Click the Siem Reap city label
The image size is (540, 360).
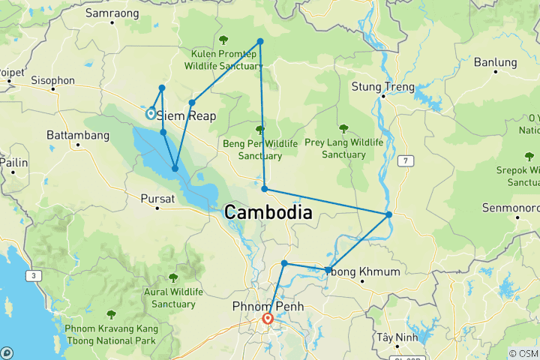pyautogui.click(x=186, y=116)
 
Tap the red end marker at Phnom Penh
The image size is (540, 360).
pyautogui.click(x=268, y=319)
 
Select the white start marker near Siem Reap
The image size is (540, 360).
pyautogui.click(x=151, y=114)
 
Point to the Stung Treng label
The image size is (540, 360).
pyautogui.click(x=382, y=87)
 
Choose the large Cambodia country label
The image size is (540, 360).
pyautogui.click(x=268, y=213)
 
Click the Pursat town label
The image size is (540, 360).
pyautogui.click(x=157, y=199)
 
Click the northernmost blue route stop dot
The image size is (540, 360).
pyautogui.click(x=260, y=41)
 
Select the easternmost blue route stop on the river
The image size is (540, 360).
pyautogui.click(x=388, y=215)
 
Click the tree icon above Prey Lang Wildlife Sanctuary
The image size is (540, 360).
pyautogui.click(x=343, y=128)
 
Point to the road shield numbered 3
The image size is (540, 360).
pyautogui.click(x=34, y=277)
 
